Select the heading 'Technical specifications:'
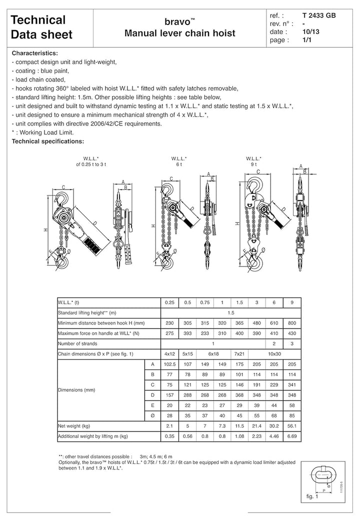(48, 141)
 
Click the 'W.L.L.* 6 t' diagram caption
(179, 161)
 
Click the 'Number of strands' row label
(77, 343)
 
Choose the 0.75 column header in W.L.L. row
(204, 302)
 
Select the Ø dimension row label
(151, 414)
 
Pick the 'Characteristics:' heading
(35, 52)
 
